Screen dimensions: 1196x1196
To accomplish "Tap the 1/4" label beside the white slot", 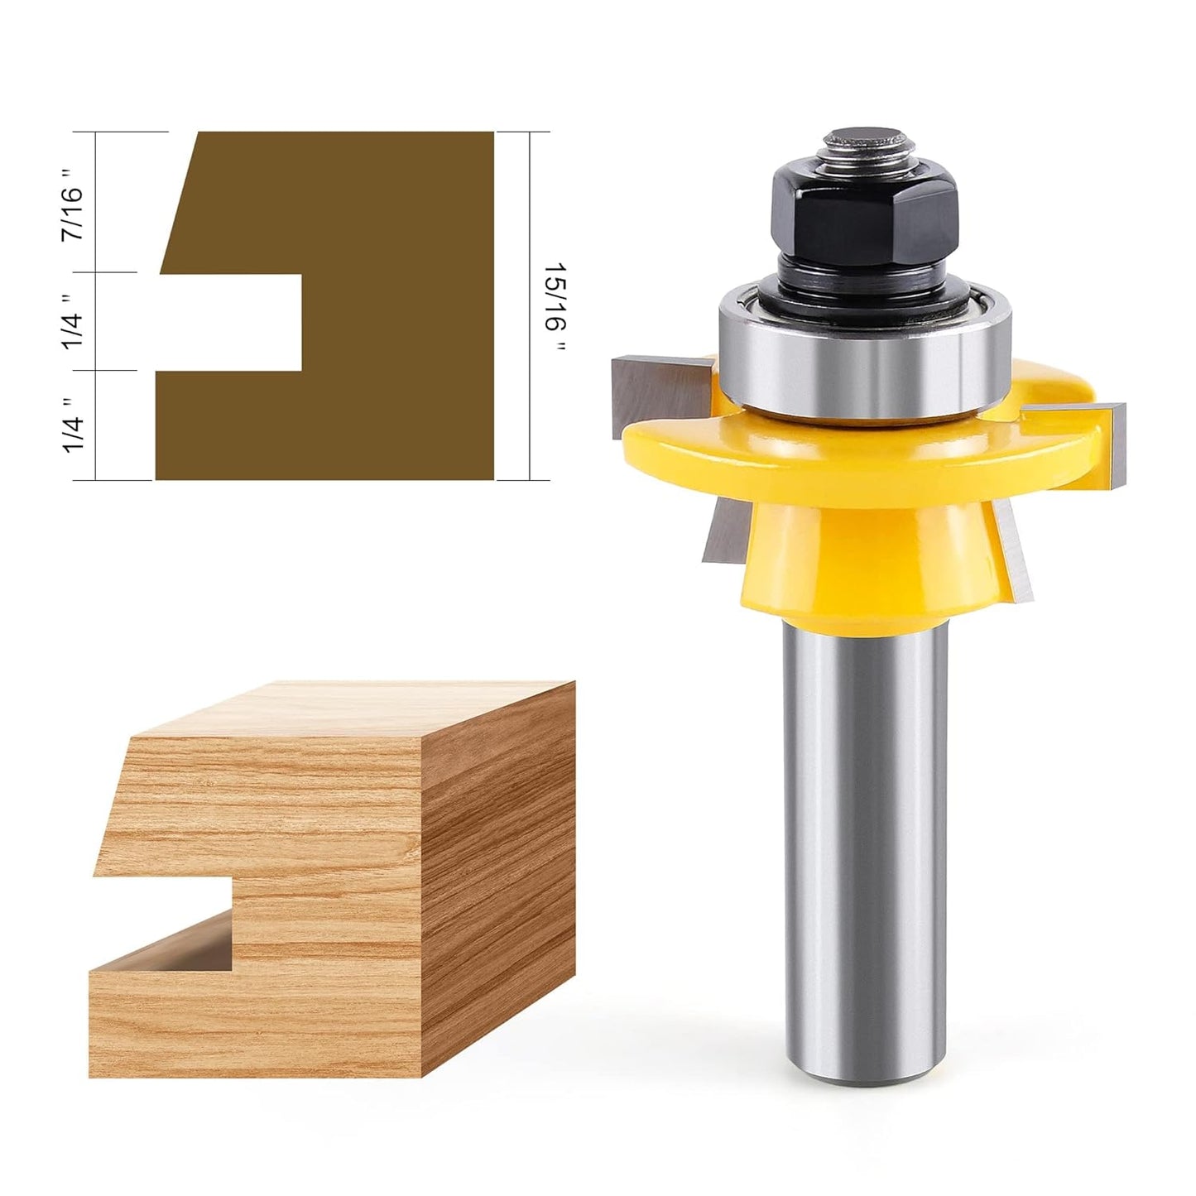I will point(74,321).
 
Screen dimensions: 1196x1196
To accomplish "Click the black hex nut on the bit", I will point(866,211).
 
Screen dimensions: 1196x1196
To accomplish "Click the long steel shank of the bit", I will point(865,828).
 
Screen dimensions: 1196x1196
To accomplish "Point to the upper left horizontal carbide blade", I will point(654,389).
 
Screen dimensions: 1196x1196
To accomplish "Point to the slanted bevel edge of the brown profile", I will point(178,203).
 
